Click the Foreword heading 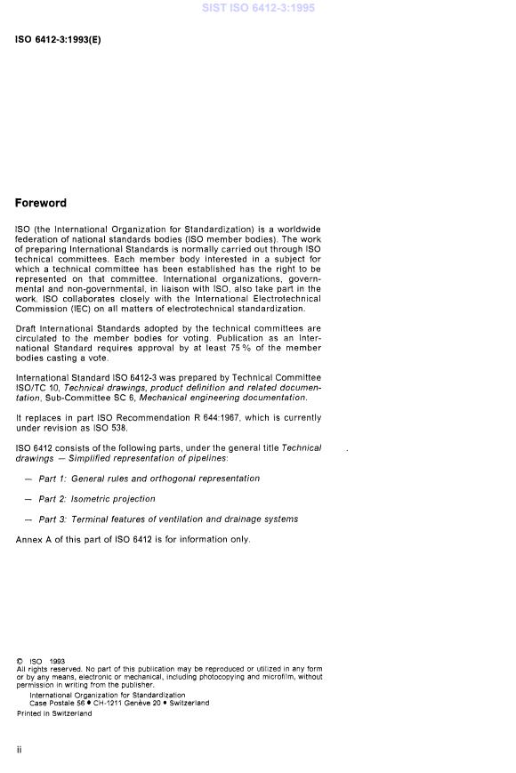tap(40, 204)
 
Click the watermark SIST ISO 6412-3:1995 tap(257, 8)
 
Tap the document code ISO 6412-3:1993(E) tap(58, 40)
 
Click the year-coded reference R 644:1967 tap(192, 417)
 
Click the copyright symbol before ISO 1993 tap(20, 662)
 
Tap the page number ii tap(19, 750)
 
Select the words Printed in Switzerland tap(53, 713)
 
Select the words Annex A tap(36, 540)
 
